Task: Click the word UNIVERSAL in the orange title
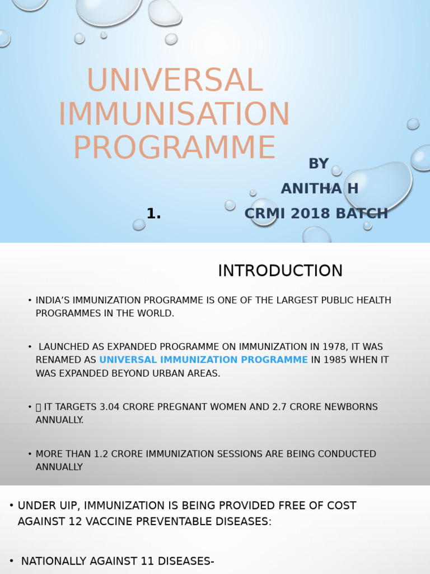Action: tap(174, 80)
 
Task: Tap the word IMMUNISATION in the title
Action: tap(174, 114)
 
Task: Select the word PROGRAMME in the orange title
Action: tap(174, 147)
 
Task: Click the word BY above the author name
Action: tap(319, 164)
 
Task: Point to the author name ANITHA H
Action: tap(319, 189)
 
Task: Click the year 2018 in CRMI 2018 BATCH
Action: tap(314, 214)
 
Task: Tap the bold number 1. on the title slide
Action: tap(153, 214)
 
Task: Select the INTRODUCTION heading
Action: tap(280, 271)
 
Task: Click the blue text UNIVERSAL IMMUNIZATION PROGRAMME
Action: tap(203, 360)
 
